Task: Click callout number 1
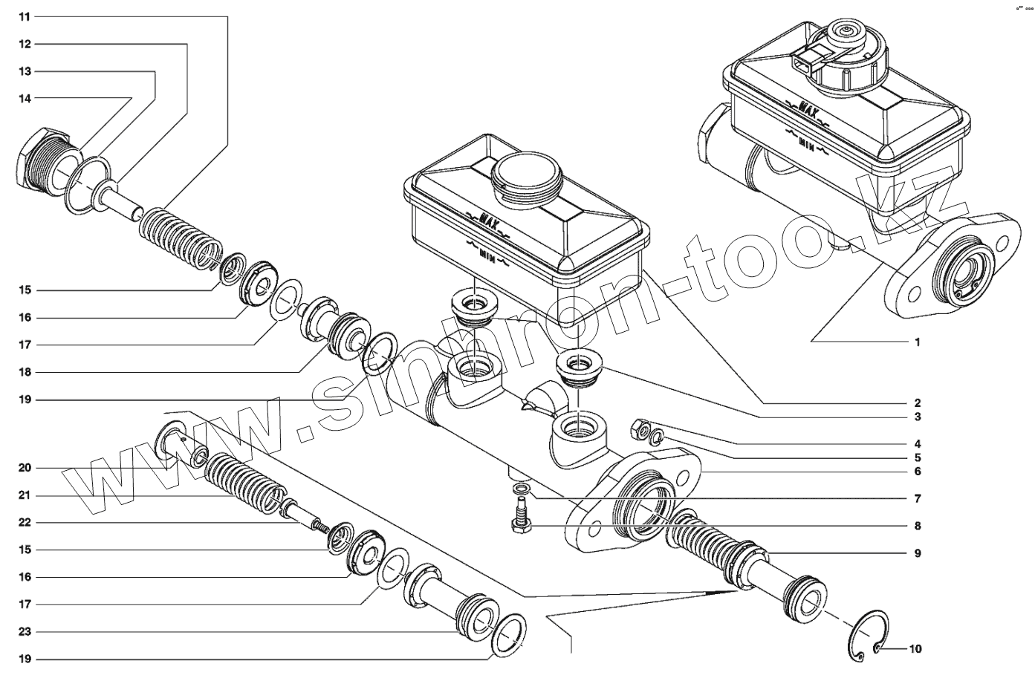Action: [x=917, y=342]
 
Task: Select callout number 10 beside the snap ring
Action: [x=915, y=649]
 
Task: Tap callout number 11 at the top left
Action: [x=25, y=16]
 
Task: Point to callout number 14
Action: [x=25, y=98]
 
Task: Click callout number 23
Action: [x=25, y=632]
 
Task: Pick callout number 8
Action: [x=918, y=526]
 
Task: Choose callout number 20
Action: [x=25, y=468]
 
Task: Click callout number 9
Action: [x=918, y=553]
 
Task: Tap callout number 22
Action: [x=25, y=522]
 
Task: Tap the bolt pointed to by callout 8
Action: [x=519, y=515]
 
